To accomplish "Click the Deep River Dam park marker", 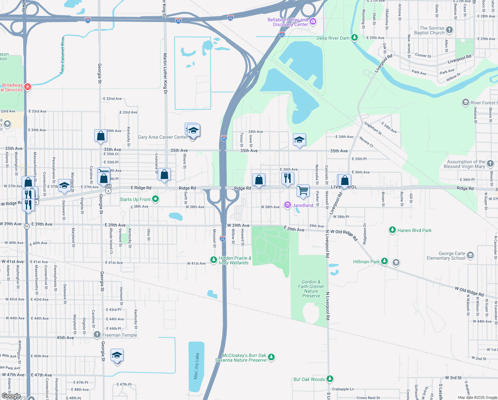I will pos(355,37).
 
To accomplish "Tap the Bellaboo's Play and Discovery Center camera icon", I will pos(313,22).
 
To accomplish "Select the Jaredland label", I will pos(303,205).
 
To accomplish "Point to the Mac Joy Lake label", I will pos(196,366).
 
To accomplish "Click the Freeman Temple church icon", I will pos(97,335).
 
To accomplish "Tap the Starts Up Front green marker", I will pos(155,199).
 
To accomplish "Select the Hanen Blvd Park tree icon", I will pos(392,230).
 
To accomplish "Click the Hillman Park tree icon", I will pos(384,261).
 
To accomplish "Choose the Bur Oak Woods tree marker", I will pos(330,379).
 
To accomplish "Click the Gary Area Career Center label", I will pos(163,137).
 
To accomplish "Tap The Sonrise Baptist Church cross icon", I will pos(449,30).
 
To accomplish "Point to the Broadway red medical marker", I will pos(28,87).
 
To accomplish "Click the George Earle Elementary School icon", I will pos(470,256).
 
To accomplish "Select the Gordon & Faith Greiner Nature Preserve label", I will pos(311,289).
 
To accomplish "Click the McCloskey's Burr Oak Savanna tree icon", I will pos(271,357).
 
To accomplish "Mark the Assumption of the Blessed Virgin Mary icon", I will pos(490,164).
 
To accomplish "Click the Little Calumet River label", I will pos(63,55).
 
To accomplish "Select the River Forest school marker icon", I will pos(465,102).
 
